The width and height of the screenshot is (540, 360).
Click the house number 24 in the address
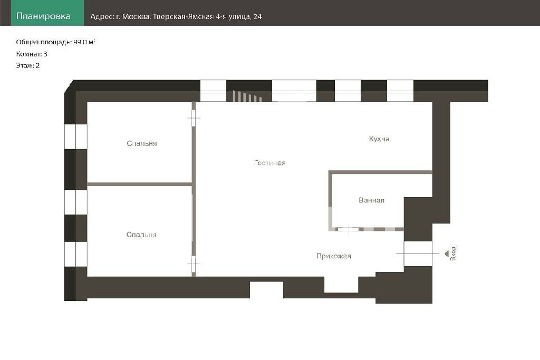pos(257,16)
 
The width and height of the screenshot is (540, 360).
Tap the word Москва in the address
pos(136,16)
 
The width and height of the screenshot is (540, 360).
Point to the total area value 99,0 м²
pos(84,42)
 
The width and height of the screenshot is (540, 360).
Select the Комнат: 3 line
pos(32,54)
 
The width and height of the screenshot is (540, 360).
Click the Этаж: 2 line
pos(28,65)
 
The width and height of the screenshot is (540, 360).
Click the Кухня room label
pos(379,139)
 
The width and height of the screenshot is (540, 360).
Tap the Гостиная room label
pos(269,163)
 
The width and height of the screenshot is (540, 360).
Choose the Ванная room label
pos(372,200)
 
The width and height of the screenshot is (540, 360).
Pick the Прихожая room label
pos(334,256)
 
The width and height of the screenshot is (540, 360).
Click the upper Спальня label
pos(141,143)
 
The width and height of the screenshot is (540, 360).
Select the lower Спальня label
pos(141,235)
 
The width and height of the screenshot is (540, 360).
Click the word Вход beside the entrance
pos(453,254)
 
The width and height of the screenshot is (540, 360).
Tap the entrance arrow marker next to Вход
pos(447,254)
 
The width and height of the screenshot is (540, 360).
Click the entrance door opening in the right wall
pos(418,254)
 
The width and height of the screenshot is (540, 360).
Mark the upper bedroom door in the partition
pos(194,118)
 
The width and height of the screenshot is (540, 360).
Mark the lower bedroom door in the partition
pos(194,264)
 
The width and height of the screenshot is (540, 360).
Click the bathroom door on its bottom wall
pos(348,229)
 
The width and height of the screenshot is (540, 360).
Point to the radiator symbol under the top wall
pos(247,96)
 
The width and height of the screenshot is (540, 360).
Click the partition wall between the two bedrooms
pos(139,184)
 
